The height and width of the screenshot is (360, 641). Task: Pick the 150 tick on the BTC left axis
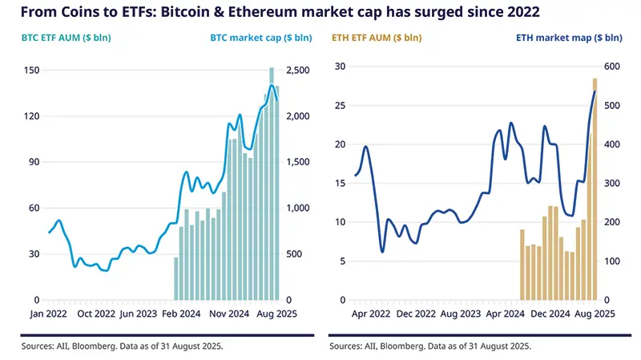pos(33,71)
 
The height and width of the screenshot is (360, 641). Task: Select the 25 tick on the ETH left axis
pos(339,105)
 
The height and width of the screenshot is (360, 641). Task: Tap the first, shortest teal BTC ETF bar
pos(176,278)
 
